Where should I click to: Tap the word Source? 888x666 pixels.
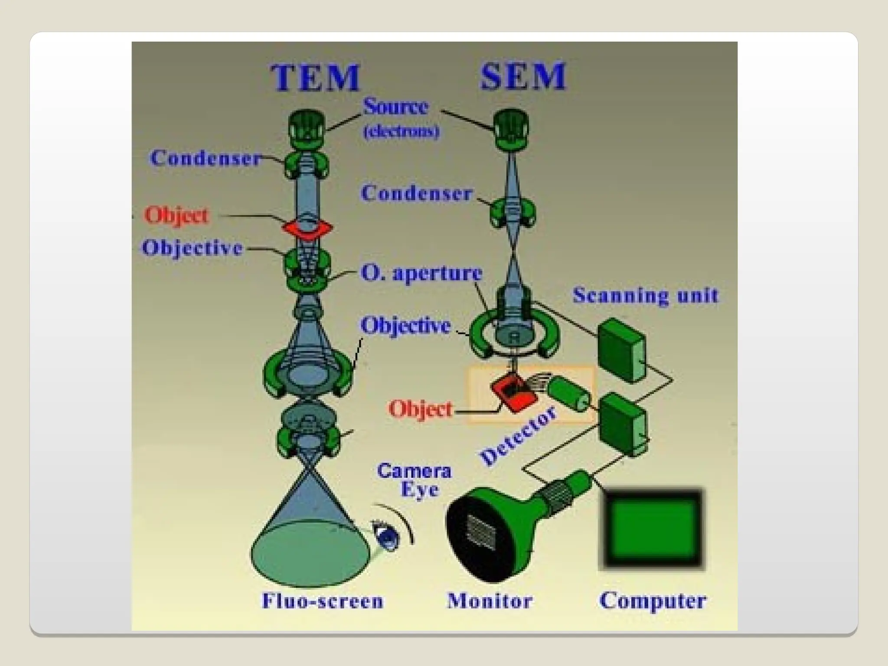pyautogui.click(x=395, y=107)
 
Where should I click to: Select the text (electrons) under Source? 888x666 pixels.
pyautogui.click(x=401, y=131)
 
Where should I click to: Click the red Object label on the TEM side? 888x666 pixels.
pyautogui.click(x=176, y=215)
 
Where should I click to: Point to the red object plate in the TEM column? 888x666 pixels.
pyautogui.click(x=307, y=228)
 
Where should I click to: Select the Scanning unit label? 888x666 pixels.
pyautogui.click(x=645, y=296)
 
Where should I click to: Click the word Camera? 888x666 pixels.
pyautogui.click(x=414, y=471)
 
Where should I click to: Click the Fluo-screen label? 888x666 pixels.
pyautogui.click(x=323, y=601)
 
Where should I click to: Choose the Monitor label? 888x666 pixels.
pyautogui.click(x=490, y=601)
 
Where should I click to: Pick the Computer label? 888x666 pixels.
pyautogui.click(x=653, y=601)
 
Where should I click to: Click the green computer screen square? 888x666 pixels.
pyautogui.click(x=652, y=529)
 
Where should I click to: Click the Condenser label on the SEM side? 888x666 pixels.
pyautogui.click(x=416, y=193)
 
